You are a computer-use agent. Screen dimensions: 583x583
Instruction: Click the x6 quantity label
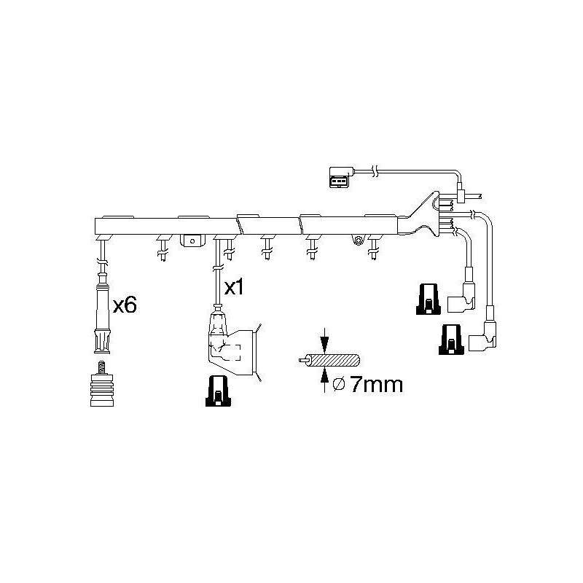pyautogui.click(x=125, y=305)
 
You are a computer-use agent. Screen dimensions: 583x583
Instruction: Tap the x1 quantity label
pyautogui.click(x=234, y=287)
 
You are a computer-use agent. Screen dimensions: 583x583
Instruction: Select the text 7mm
pyautogui.click(x=376, y=385)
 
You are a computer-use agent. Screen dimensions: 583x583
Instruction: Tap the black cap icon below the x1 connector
pyautogui.click(x=218, y=391)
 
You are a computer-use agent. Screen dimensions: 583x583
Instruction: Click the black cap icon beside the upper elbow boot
pyautogui.click(x=429, y=300)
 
